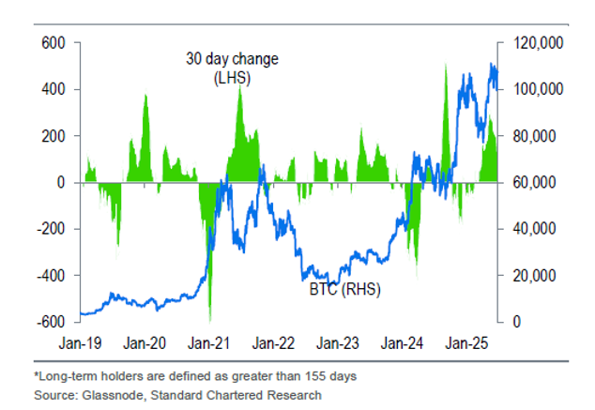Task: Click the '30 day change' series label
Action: [232, 60]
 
